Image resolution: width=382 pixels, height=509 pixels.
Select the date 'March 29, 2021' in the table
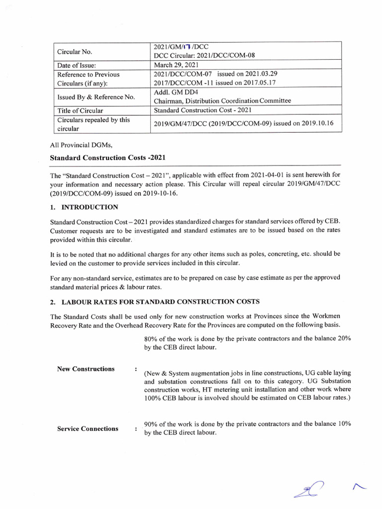[177, 65]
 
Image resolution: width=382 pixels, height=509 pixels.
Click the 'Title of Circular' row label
[80, 110]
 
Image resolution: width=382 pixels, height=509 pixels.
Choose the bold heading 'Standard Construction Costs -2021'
[107, 158]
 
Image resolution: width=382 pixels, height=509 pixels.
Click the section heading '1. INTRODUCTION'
[84, 207]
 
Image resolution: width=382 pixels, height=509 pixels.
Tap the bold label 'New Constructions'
[86, 369]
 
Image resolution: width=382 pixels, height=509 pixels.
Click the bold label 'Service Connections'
[88, 428]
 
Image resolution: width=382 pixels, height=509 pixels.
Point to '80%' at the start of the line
[151, 339]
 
